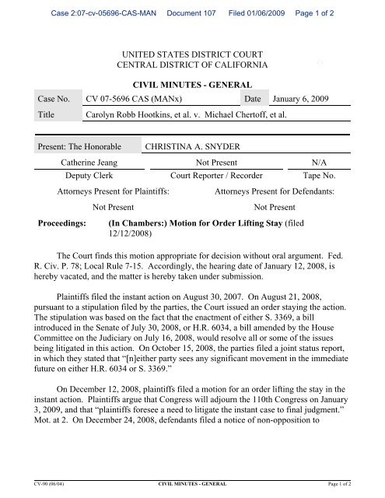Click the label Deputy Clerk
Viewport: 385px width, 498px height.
pyautogui.click(x=86, y=176)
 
